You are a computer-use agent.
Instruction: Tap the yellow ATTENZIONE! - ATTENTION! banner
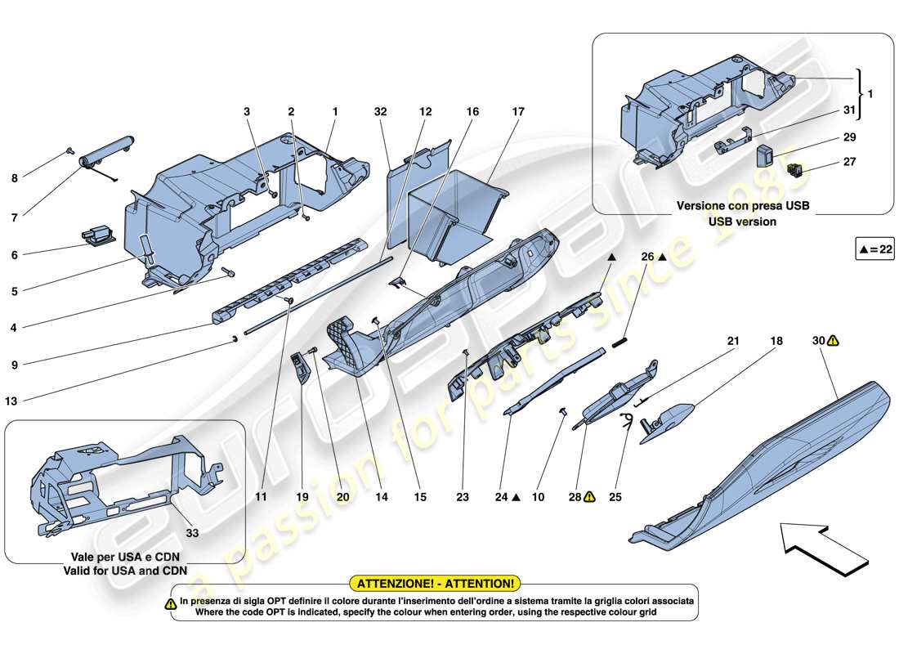tap(434, 583)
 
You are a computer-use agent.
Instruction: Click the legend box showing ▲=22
tap(874, 251)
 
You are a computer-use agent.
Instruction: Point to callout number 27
tap(849, 162)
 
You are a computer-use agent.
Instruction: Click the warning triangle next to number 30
tap(832, 340)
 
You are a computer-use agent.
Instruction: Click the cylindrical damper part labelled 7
tap(105, 152)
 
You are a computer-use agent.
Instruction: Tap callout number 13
tap(13, 401)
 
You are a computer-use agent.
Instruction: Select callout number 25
tap(615, 496)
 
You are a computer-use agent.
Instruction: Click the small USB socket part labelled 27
tap(793, 169)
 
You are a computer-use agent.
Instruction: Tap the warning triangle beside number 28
tap(588, 496)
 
